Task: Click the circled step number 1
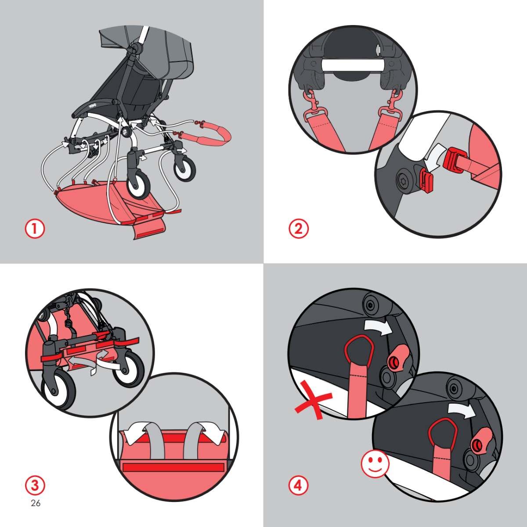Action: pyautogui.click(x=35, y=229)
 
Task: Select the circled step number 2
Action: pyautogui.click(x=299, y=229)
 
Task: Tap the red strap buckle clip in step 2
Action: pyautogui.click(x=455, y=160)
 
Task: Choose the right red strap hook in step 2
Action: pyautogui.click(x=392, y=105)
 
